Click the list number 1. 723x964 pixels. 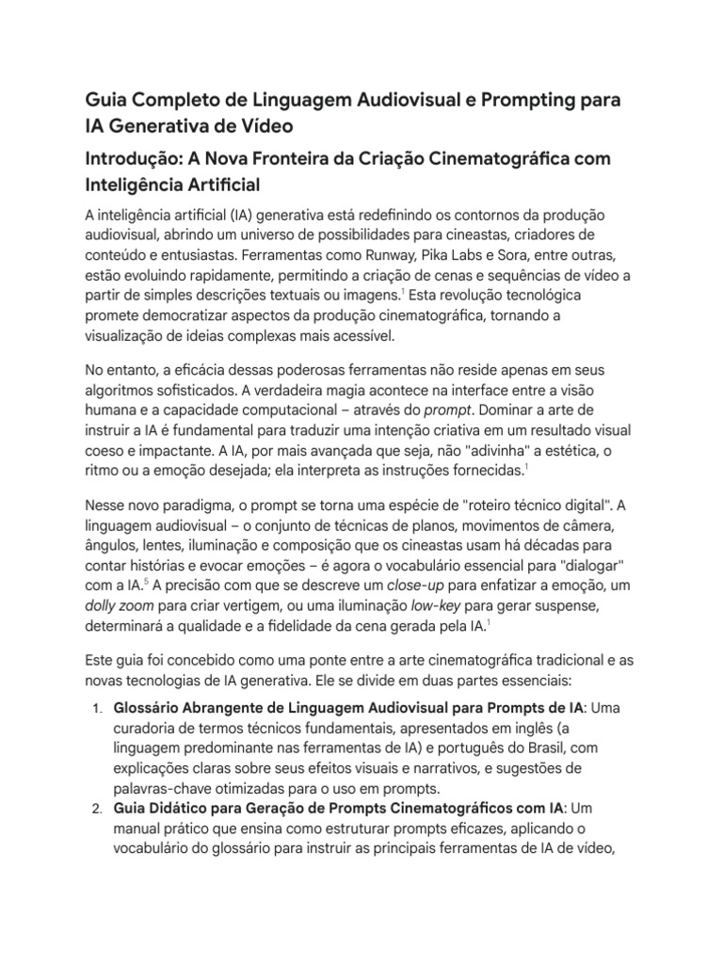96,707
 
